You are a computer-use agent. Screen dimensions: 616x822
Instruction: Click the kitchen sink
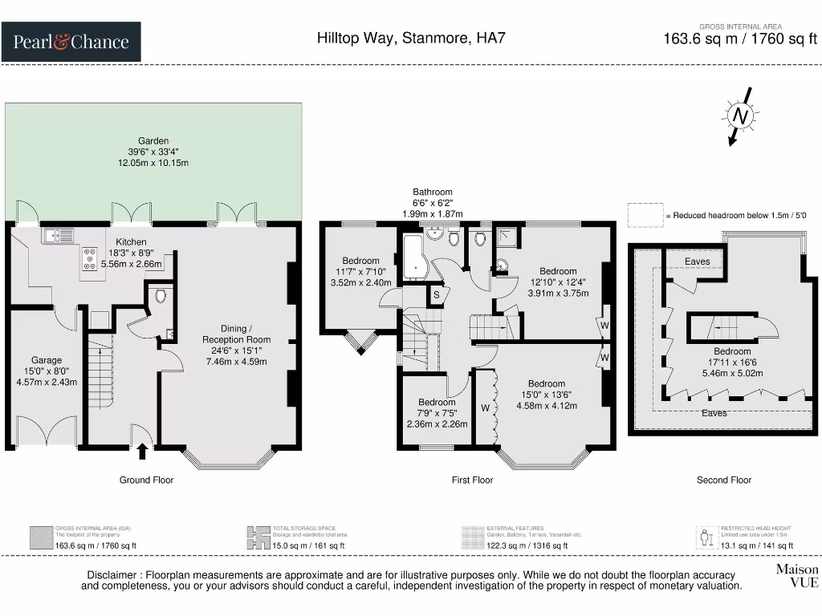coord(59,235)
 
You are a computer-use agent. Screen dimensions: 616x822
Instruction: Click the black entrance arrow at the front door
coord(143,451)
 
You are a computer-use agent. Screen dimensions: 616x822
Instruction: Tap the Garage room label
coord(47,371)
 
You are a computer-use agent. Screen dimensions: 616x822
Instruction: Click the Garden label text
coord(153,152)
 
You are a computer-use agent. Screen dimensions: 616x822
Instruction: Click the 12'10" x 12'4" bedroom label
coord(558,282)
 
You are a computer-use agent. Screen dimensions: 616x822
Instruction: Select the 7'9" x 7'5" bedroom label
coord(437,413)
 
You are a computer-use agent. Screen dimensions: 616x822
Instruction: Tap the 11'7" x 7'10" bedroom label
coord(360,271)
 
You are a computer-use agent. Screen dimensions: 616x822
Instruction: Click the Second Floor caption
coord(723,480)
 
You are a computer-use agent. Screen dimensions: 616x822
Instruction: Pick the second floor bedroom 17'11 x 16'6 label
coord(732,362)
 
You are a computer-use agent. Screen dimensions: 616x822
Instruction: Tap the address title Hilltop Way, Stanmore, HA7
coord(410,38)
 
